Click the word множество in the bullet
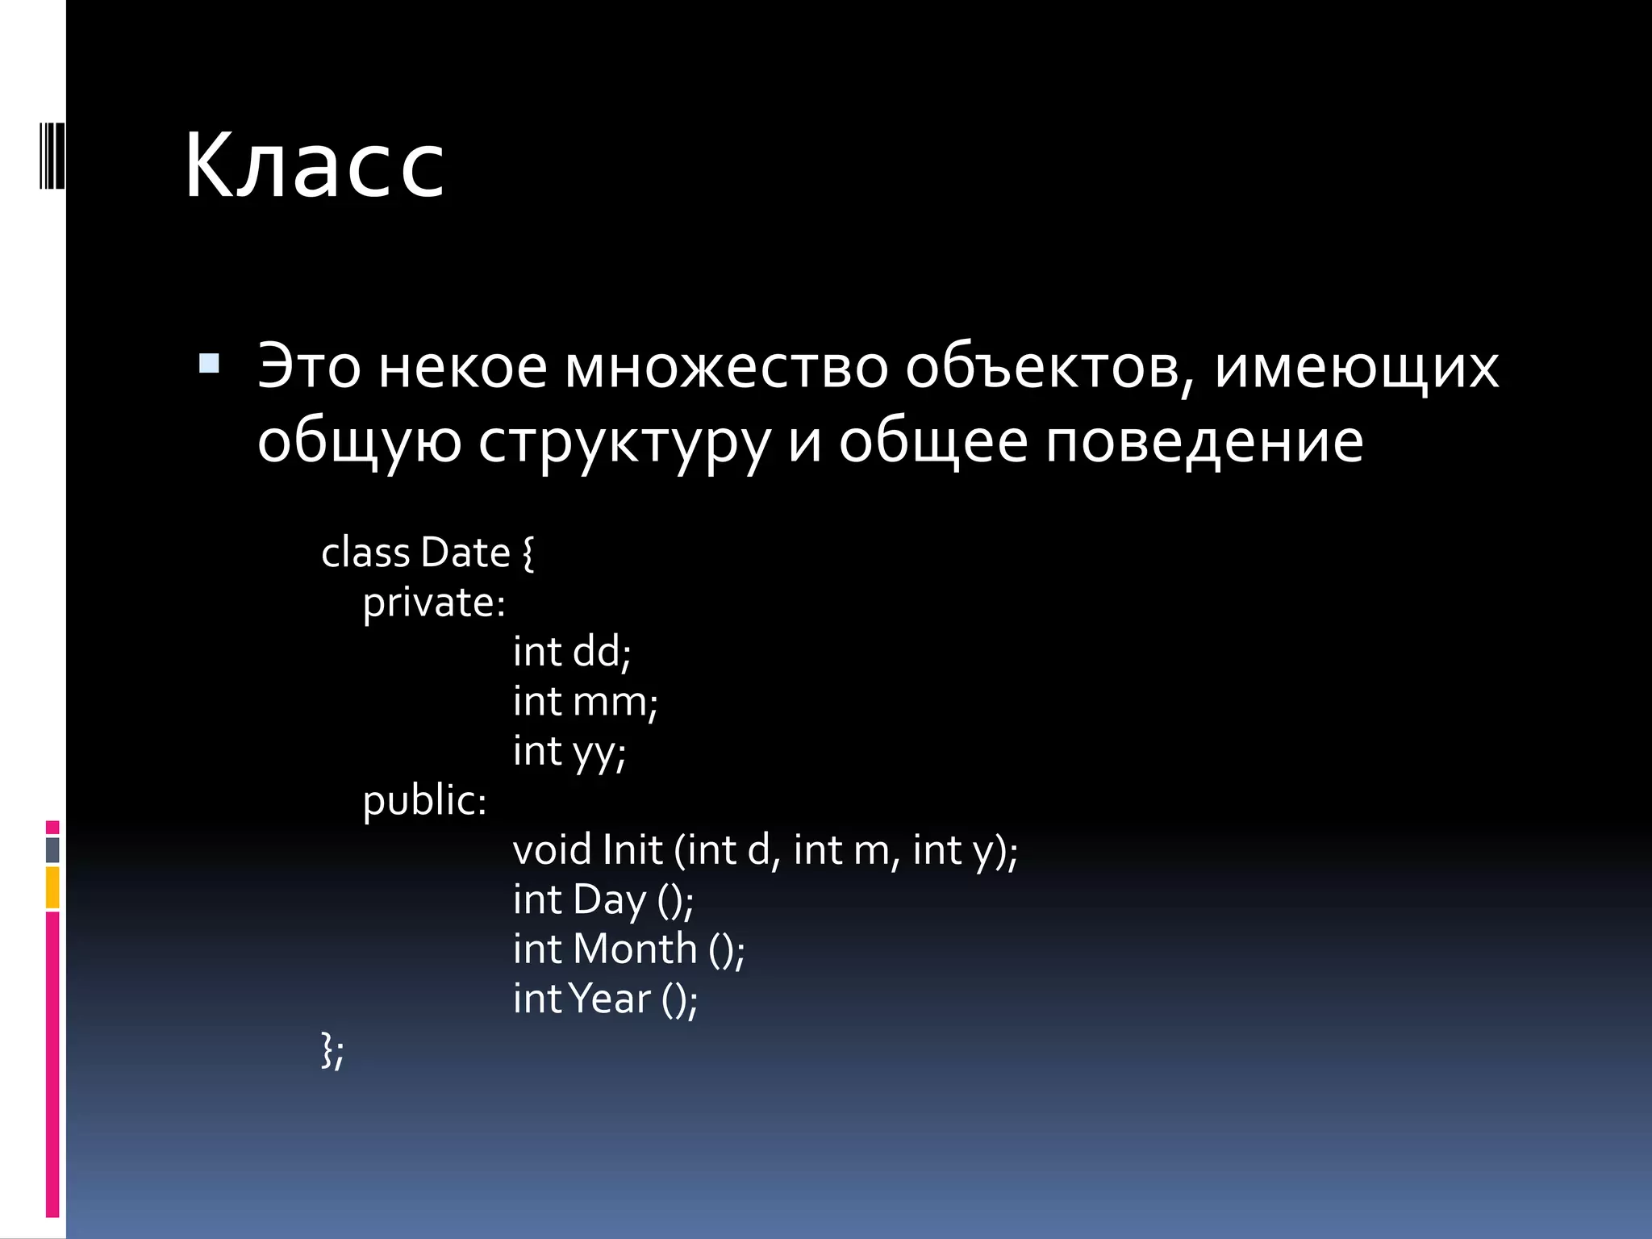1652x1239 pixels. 726,368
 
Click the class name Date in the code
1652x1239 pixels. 465,553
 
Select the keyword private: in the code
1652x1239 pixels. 434,603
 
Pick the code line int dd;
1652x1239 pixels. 572,652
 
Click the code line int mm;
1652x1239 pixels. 585,702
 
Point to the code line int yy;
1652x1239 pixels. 569,752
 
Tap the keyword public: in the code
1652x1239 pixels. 424,801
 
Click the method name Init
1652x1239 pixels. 632,850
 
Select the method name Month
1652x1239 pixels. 635,949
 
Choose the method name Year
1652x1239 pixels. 610,999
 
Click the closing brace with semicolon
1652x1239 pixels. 332,1050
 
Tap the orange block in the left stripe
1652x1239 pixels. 52,887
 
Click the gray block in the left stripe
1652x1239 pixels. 52,849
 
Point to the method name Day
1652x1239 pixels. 609,900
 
